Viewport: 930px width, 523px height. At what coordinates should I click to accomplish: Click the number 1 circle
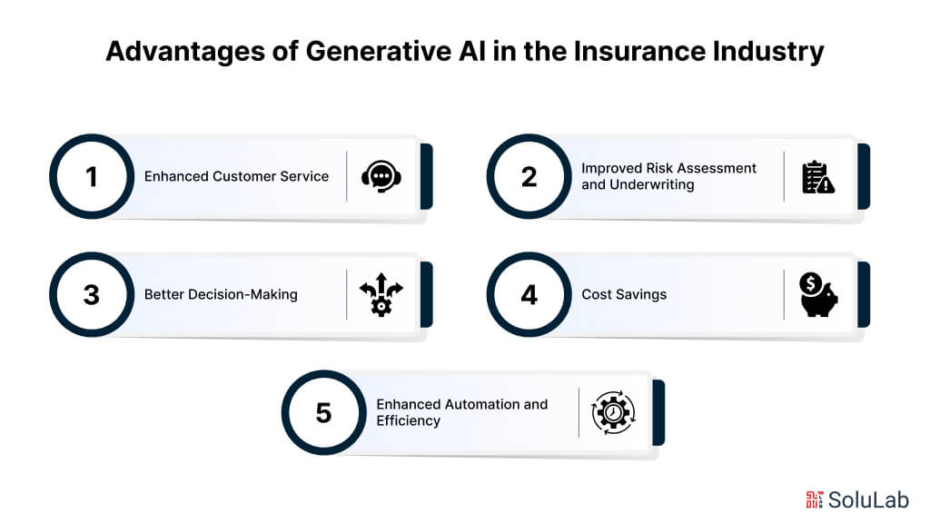pos(91,176)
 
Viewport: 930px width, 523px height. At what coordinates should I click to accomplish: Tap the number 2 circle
pos(529,176)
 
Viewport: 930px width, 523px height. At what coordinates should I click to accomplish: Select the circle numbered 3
pos(91,295)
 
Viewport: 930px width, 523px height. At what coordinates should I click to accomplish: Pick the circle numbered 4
pos(529,295)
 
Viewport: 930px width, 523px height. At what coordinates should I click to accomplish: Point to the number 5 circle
pos(323,412)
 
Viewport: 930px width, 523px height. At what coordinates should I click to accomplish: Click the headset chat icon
pos(381,176)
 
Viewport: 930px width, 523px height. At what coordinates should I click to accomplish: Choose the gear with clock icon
pos(613,412)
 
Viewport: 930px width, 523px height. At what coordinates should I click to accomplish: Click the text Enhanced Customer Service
pos(236,176)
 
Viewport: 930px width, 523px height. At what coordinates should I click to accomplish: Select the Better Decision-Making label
pos(221,295)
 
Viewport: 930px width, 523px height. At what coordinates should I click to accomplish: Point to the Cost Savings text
pos(624,295)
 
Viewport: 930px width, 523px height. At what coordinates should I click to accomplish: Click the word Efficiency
pos(408,420)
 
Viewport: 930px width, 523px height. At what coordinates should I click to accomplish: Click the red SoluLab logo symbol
pos(814,499)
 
